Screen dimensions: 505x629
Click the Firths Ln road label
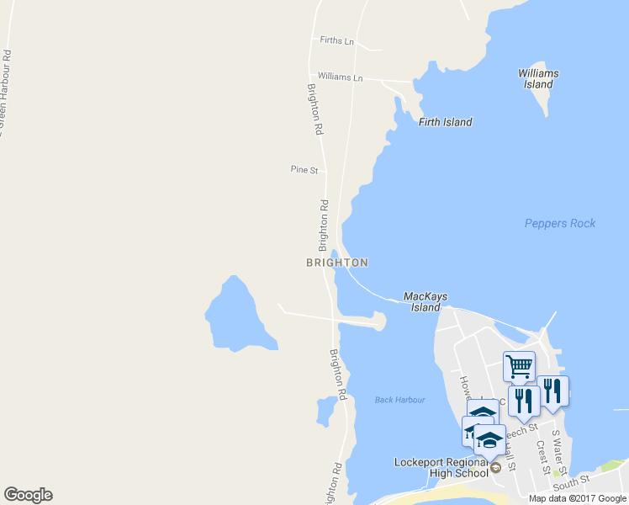336,40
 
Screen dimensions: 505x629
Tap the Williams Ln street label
340,77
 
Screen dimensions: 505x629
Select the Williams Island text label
538,79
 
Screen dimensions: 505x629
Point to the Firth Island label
445,122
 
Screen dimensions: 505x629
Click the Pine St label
304,169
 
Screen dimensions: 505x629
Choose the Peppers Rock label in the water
559,223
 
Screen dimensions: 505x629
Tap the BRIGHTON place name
336,263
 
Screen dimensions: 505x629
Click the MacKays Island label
425,301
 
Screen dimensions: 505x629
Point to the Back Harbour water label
399,400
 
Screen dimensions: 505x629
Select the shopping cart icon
519,366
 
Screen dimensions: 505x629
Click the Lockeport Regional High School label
441,467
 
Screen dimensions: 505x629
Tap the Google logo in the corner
28,495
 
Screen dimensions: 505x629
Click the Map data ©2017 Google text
578,498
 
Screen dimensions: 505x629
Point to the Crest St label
542,457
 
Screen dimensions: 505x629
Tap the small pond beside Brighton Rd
325,411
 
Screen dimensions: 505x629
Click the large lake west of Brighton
235,316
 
